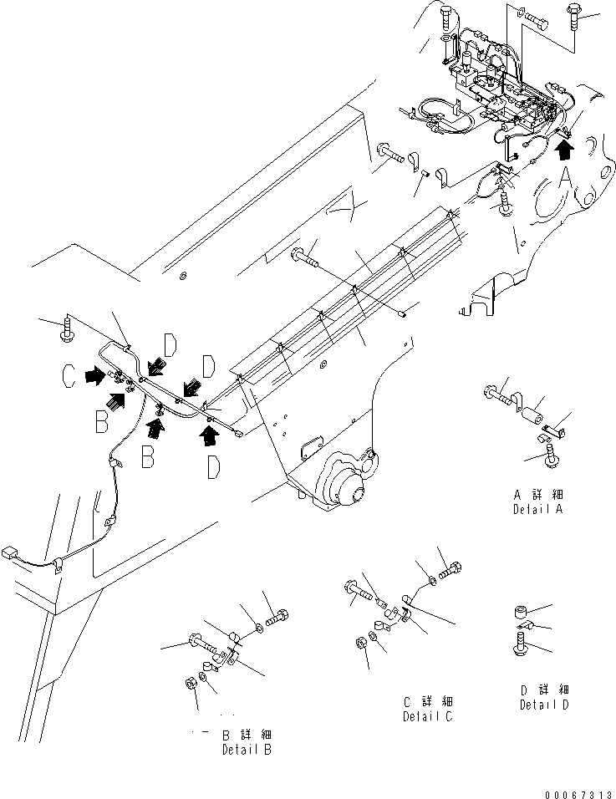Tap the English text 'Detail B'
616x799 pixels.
(247, 750)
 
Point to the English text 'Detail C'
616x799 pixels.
(429, 716)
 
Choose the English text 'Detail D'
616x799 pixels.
(545, 705)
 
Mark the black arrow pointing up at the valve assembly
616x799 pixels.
(565, 149)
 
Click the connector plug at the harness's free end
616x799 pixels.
(11, 552)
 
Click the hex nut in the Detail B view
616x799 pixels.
(189, 683)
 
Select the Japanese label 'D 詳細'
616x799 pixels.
(545, 690)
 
